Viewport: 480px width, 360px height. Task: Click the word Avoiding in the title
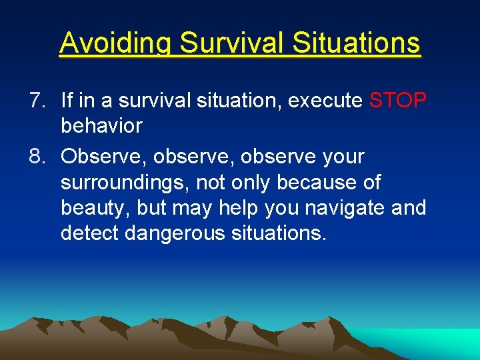coord(116,43)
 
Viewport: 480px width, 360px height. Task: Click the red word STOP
coord(397,101)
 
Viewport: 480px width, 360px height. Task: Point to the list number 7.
coord(37,101)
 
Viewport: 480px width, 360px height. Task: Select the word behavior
coord(101,126)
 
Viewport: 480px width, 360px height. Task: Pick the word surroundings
coord(125,182)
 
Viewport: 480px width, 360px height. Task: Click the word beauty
coord(92,208)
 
